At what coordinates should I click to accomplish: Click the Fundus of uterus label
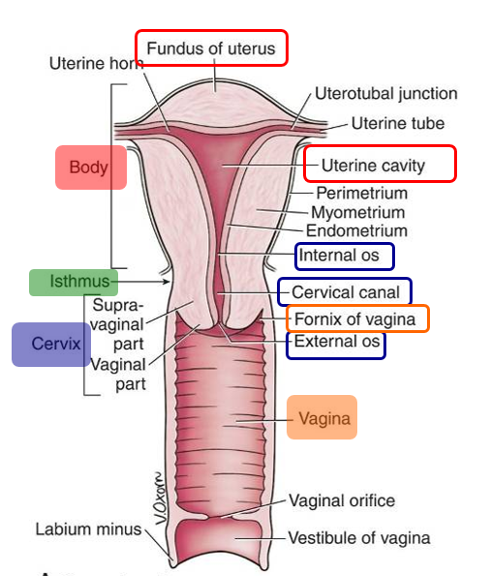point(211,47)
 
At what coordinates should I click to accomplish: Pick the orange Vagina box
point(322,419)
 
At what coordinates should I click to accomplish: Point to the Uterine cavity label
point(379,165)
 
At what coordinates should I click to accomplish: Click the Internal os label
point(344,256)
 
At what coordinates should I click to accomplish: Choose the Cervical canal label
point(345,291)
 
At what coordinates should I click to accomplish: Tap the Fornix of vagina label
point(355,318)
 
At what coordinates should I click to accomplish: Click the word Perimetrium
point(361,193)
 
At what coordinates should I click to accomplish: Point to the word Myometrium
point(357,211)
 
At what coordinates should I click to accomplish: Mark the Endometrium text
point(356,230)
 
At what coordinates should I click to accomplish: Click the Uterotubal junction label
point(385,94)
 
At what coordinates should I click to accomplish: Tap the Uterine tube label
point(397,123)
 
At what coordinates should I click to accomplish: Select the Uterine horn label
point(95,63)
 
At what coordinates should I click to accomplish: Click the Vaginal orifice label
point(341,500)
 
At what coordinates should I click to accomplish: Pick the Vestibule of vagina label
point(358,537)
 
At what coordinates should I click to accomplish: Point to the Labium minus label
point(88,530)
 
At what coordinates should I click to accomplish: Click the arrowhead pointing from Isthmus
point(170,282)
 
